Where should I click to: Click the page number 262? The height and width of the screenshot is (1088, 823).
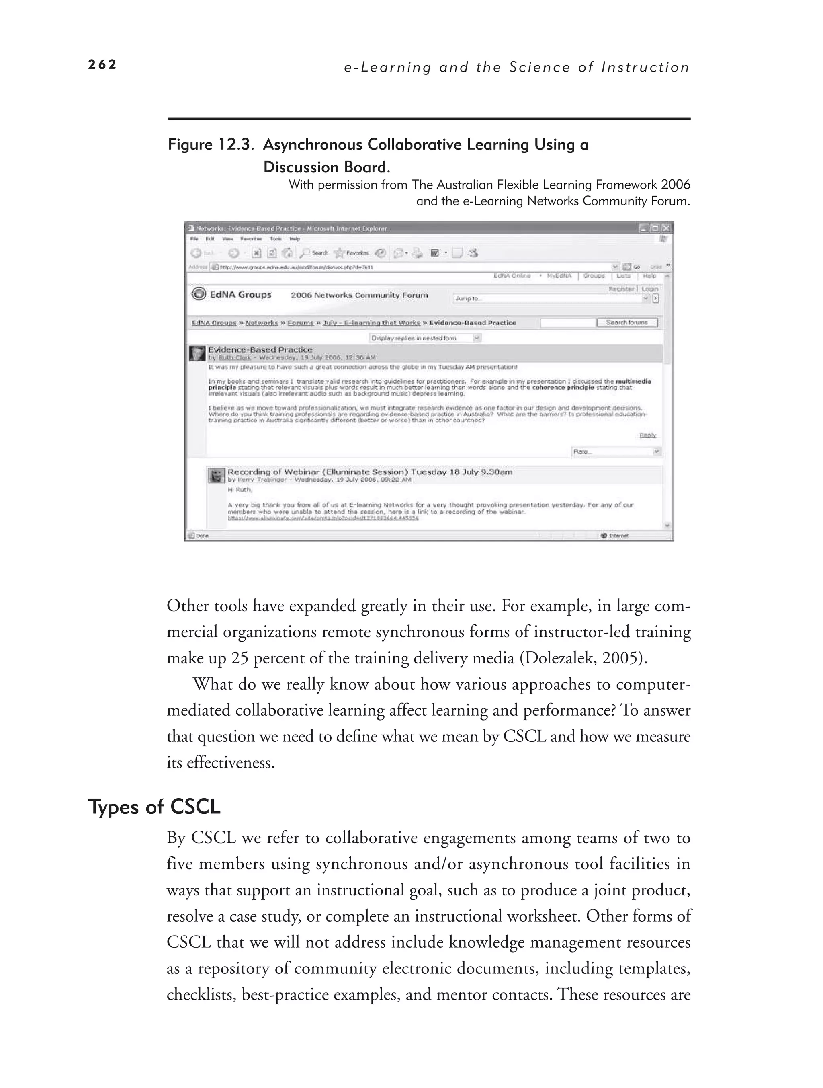102,64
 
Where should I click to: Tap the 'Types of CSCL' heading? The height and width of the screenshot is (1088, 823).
154,807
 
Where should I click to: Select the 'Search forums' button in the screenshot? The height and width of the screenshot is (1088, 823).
626,323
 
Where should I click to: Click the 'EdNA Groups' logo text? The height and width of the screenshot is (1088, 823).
240,295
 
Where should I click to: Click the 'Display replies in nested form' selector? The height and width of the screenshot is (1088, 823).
424,338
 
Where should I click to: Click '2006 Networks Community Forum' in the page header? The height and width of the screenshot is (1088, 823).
359,295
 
